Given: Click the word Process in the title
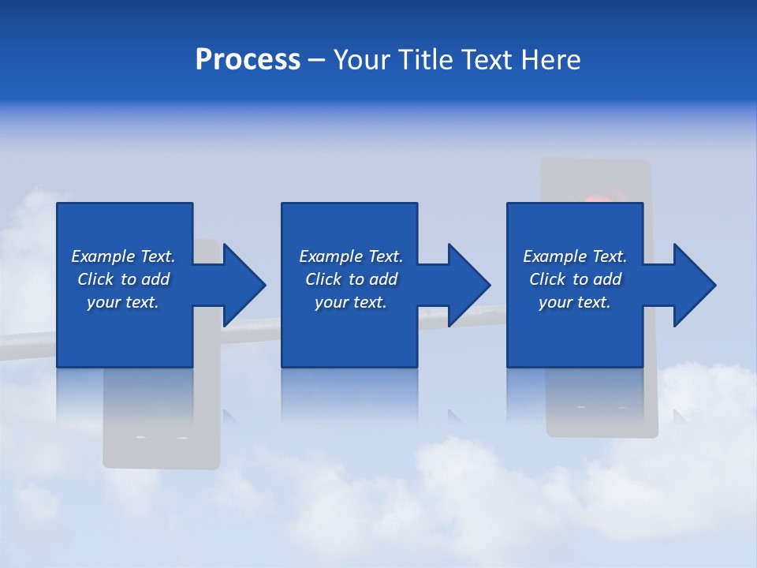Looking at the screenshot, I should (248, 60).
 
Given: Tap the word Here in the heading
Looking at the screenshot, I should (551, 60).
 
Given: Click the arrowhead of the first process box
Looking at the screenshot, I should (244, 285).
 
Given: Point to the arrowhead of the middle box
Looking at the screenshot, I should (469, 285).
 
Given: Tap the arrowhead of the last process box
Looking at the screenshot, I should (695, 285).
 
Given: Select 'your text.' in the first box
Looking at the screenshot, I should (123, 302).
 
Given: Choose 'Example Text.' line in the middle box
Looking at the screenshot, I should (351, 256).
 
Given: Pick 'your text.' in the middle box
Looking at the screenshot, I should (351, 302).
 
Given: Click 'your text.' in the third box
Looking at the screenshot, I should (575, 302).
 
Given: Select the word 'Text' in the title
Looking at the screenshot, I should (487, 60).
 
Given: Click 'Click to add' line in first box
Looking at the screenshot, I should (123, 279).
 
